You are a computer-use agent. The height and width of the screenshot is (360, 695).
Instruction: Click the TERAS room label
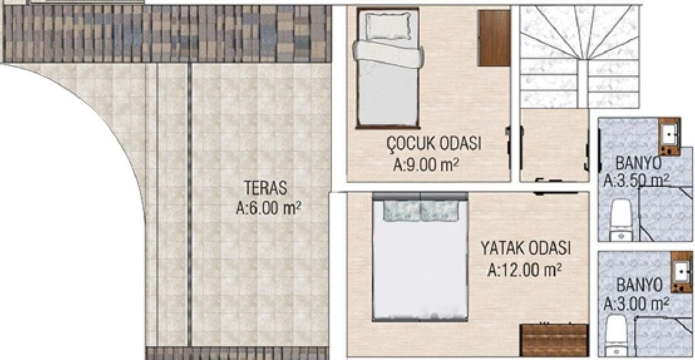pos(265,188)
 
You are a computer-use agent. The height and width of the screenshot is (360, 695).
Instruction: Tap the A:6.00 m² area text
pos(268,208)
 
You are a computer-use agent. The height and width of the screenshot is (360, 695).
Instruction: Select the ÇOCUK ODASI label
pos(434,144)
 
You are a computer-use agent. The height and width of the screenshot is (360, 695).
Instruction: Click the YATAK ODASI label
pos(526,249)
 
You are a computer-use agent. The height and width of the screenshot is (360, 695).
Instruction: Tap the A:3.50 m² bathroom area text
pos(637,181)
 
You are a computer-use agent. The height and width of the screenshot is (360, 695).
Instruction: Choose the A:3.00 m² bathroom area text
pos(637,304)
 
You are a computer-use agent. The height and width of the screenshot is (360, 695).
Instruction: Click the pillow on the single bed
pos(388,25)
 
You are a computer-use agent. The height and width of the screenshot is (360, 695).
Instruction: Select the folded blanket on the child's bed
pos(388,54)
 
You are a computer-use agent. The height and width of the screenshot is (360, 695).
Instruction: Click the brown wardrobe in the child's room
pos(494,38)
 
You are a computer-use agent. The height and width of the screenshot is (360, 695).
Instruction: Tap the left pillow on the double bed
pos(401,211)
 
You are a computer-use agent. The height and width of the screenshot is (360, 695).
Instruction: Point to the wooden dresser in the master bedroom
pos(554,340)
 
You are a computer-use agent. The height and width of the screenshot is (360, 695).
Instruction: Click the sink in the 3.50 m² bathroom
pos(669,137)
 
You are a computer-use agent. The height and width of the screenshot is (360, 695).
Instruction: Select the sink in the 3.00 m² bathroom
pos(681,272)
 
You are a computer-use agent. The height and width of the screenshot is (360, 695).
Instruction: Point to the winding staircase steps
pos(580,56)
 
